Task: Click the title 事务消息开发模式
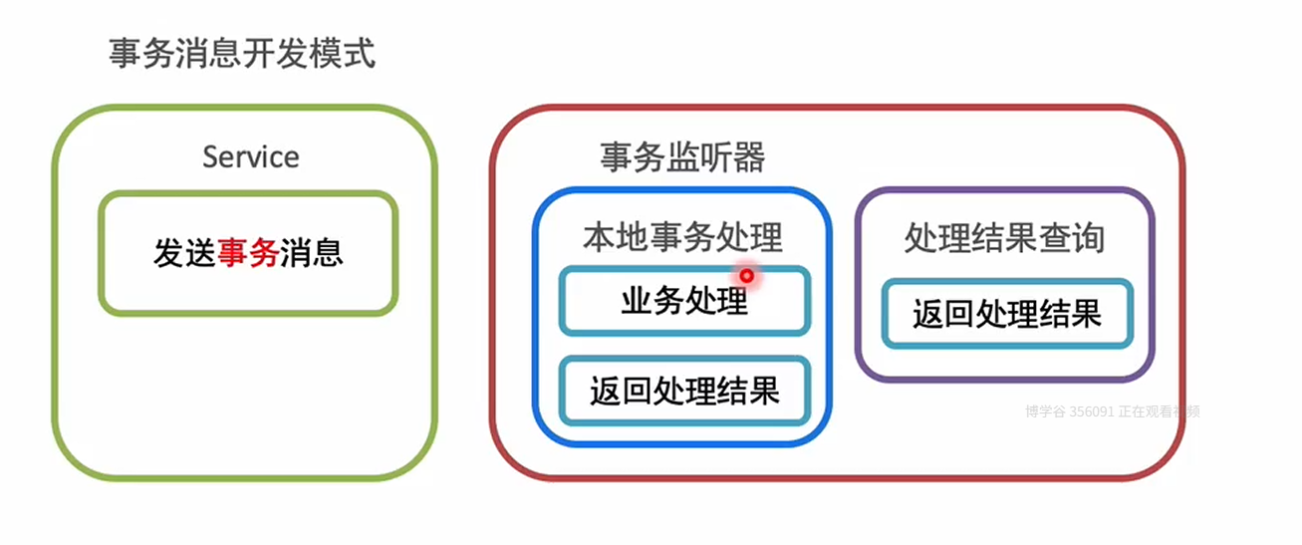(x=242, y=53)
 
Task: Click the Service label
(x=250, y=156)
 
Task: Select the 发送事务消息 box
(x=248, y=254)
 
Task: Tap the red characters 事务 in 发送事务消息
(x=248, y=254)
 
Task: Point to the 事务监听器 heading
(x=682, y=157)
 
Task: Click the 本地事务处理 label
(x=682, y=237)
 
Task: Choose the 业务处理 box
(x=684, y=301)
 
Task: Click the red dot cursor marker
(x=745, y=275)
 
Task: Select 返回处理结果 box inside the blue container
(x=684, y=391)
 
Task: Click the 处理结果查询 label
(x=1004, y=238)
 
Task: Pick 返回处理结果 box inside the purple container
(x=1007, y=314)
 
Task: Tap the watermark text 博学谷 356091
(x=1069, y=410)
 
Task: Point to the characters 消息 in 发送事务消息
(x=312, y=254)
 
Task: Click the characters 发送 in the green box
(x=184, y=254)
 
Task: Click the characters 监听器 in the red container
(x=715, y=157)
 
